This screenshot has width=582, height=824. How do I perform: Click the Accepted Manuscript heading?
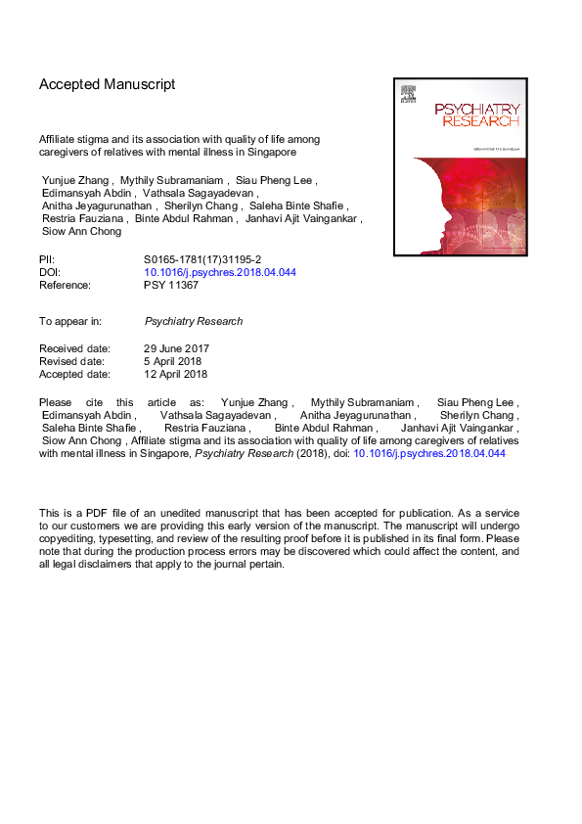point(107,85)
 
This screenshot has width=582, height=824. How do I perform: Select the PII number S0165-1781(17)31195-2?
point(202,259)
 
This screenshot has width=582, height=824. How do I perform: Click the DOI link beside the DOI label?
point(220,272)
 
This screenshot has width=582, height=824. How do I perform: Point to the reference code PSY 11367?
point(174,285)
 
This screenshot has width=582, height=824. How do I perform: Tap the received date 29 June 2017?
point(177,348)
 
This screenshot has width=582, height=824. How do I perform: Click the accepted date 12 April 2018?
point(176,374)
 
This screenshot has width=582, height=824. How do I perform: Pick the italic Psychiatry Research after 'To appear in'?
point(194,321)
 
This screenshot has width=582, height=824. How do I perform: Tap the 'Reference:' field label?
point(65,285)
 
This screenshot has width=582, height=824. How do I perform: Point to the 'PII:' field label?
point(48,259)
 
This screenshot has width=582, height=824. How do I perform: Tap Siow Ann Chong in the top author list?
point(82,232)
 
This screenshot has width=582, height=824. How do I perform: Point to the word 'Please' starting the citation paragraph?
point(56,402)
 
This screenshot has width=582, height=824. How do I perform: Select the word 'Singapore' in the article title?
point(271,153)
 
